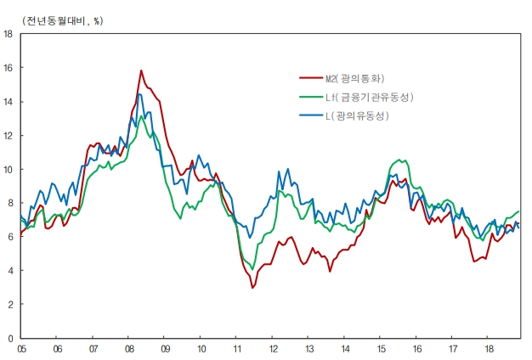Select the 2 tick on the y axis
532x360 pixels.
9,304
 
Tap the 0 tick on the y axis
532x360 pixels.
9,338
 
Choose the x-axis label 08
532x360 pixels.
128,348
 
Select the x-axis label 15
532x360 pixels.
381,348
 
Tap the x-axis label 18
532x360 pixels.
489,348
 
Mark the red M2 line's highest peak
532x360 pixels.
141,70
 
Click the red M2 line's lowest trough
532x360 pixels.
252,288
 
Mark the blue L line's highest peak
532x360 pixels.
139,94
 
